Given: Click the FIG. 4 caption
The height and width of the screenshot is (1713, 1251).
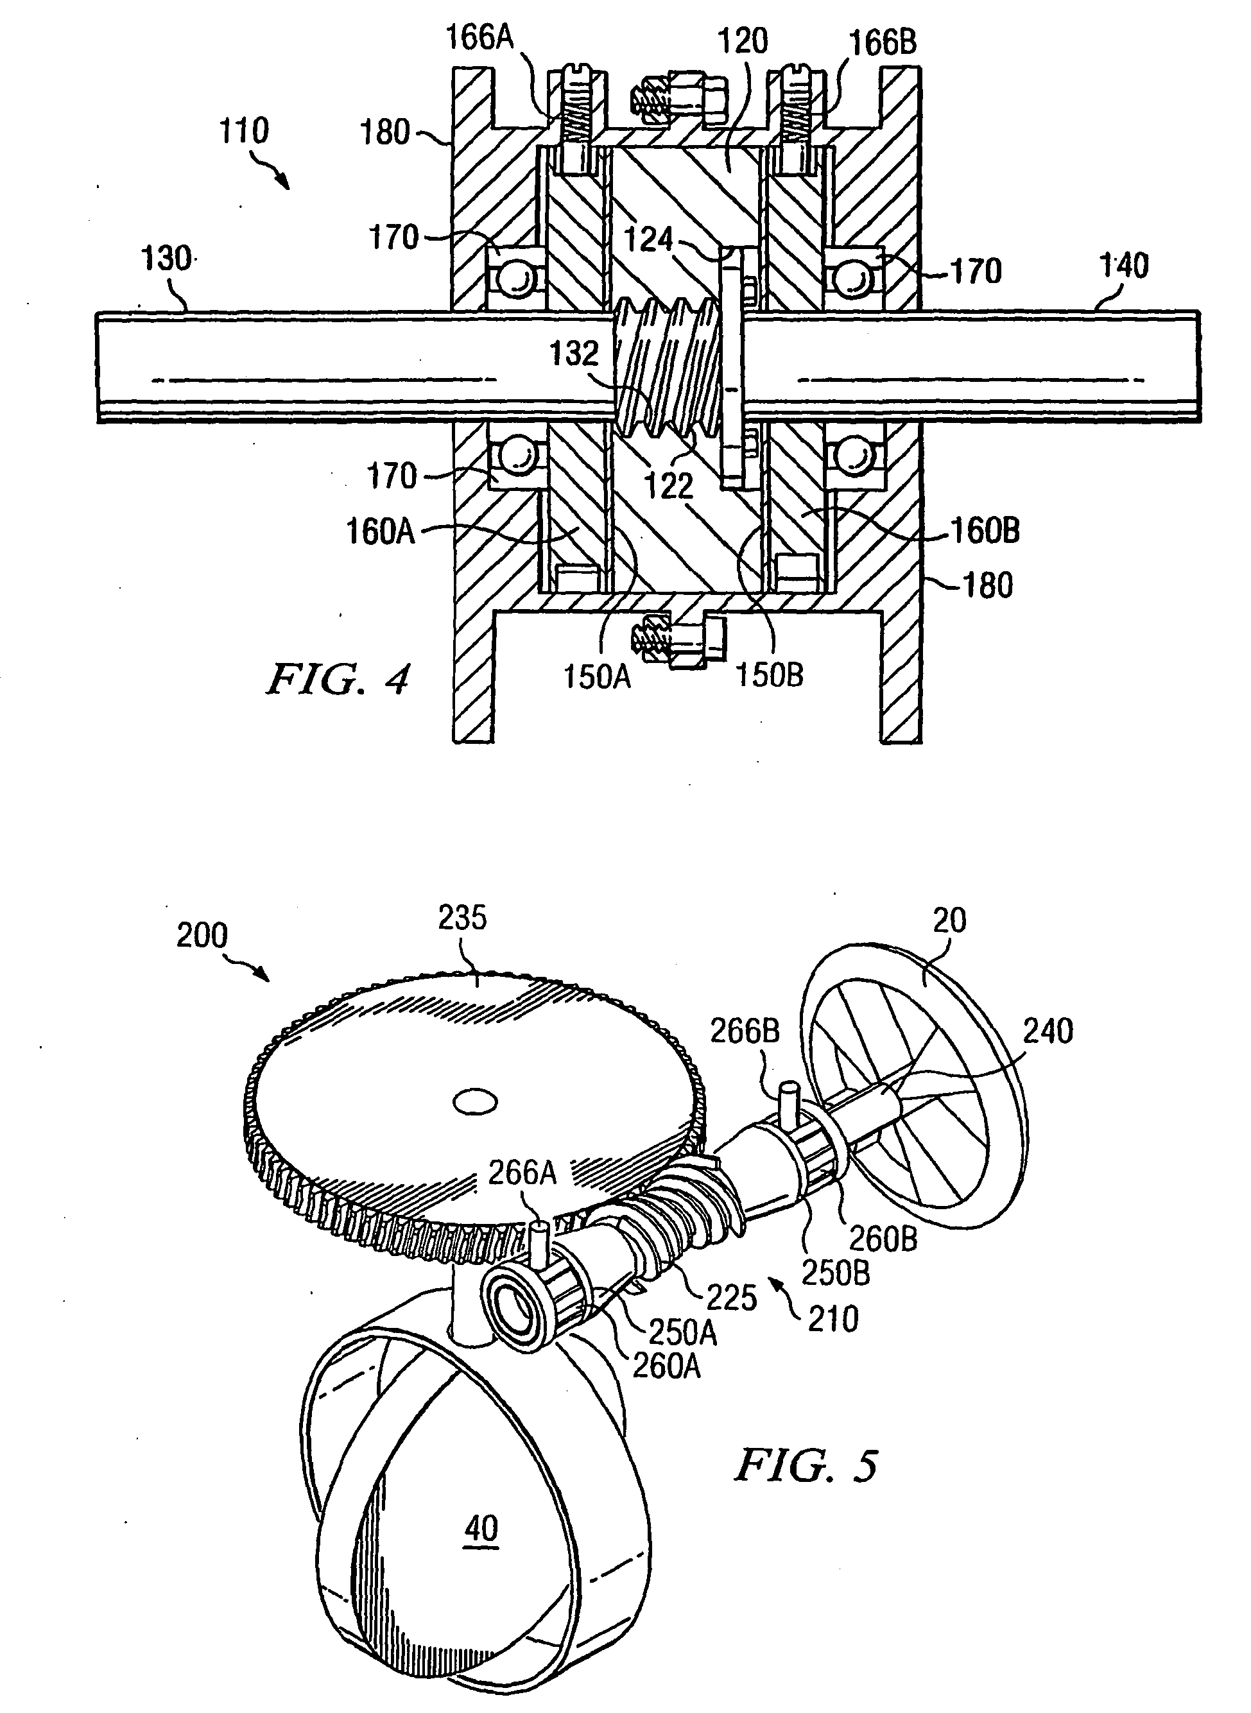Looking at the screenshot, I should click(338, 678).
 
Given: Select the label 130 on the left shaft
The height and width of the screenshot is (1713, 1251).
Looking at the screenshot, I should click(167, 259).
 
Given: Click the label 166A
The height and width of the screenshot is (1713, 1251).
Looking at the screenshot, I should click(479, 37).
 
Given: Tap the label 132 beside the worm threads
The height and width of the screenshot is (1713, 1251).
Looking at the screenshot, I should click(574, 354).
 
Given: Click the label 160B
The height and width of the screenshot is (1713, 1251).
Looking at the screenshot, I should click(985, 531).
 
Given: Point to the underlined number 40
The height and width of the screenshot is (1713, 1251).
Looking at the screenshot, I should click(481, 1528).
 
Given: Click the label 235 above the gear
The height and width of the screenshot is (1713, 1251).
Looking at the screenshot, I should click(462, 918).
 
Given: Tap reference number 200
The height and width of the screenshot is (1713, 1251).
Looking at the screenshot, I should click(202, 935).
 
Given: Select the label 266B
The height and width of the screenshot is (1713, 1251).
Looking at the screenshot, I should click(745, 1031).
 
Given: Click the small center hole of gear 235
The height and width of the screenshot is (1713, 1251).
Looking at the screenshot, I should click(476, 1102).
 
